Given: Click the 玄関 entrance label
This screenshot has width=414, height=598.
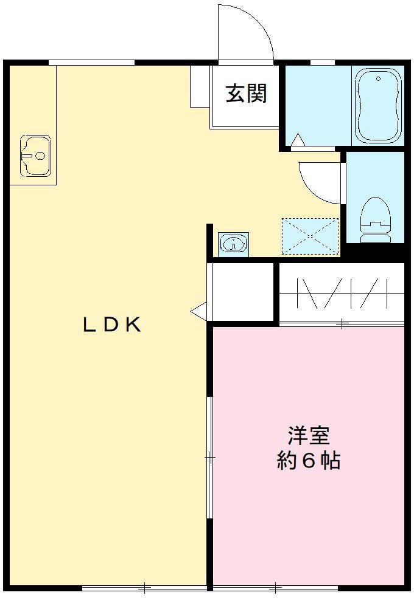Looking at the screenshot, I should point(246,94).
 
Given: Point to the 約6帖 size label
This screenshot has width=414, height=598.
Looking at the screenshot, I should point(309,461).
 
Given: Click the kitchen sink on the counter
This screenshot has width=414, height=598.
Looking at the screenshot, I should point(35,156).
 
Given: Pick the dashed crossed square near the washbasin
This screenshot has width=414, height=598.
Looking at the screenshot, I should point(310,236).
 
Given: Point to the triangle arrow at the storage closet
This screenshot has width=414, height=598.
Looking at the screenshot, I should point(199,312).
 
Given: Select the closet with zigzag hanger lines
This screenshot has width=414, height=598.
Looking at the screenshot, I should point(342,294).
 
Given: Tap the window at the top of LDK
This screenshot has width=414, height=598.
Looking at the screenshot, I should point(91,61).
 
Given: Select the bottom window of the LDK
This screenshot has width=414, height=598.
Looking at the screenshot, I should point(144,588).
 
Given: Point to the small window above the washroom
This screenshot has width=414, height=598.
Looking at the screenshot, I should point(323,61).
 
